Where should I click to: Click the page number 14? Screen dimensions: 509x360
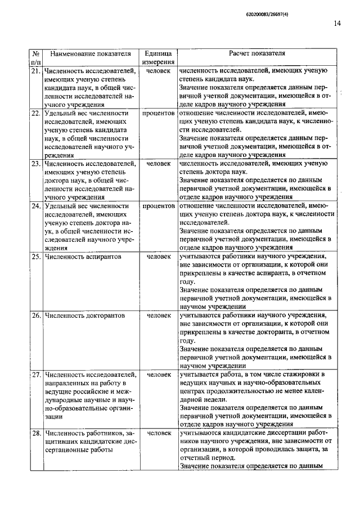point(336,23)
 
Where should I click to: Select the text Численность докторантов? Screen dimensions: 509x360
point(84,316)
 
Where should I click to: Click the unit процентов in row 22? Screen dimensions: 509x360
point(158,113)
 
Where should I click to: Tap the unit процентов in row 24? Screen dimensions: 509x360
point(158,206)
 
